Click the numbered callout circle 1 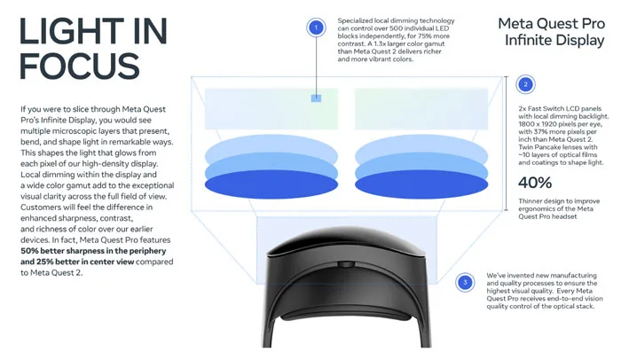[x=316, y=27]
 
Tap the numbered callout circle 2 [x=525, y=84]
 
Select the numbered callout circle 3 [x=465, y=282]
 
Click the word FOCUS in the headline [x=80, y=66]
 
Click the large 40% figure [x=535, y=183]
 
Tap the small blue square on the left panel [x=316, y=98]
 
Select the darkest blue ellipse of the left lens [x=271, y=184]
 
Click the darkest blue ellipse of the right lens [x=421, y=184]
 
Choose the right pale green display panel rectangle [x=421, y=109]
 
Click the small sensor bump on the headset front [x=347, y=264]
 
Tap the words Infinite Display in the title [x=554, y=41]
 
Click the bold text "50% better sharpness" [x=67, y=251]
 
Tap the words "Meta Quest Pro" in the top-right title [x=551, y=24]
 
